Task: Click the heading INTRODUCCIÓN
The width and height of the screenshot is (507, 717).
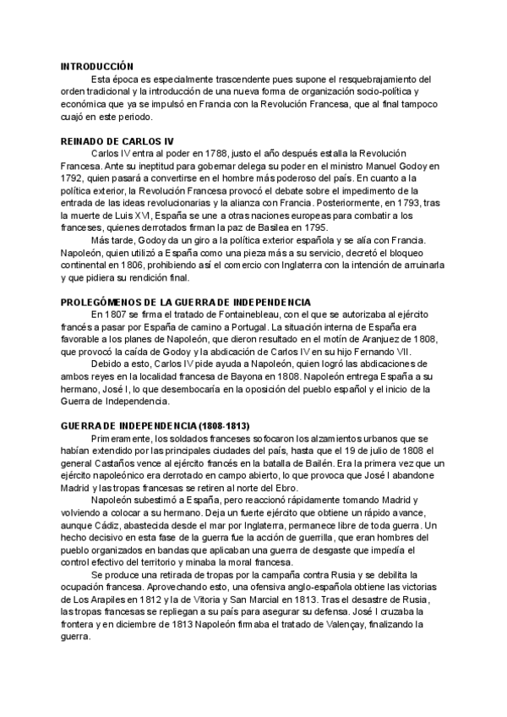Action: [x=97, y=65]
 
